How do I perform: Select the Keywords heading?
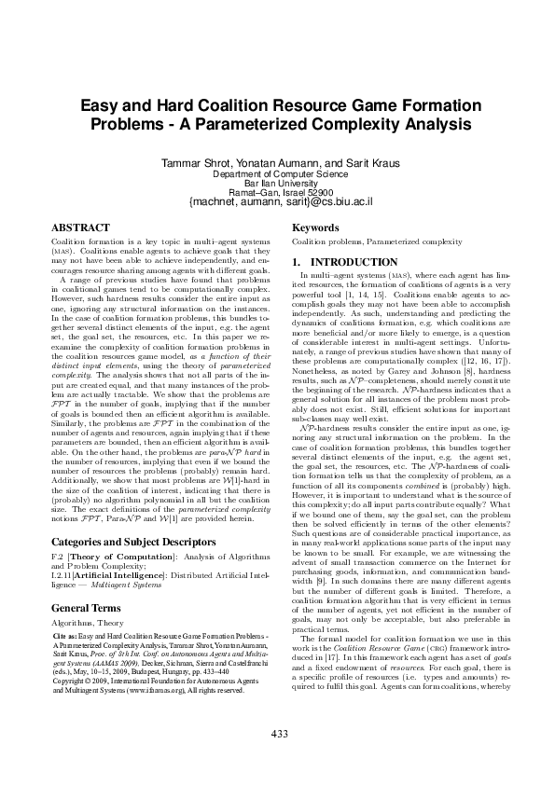click(316, 227)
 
